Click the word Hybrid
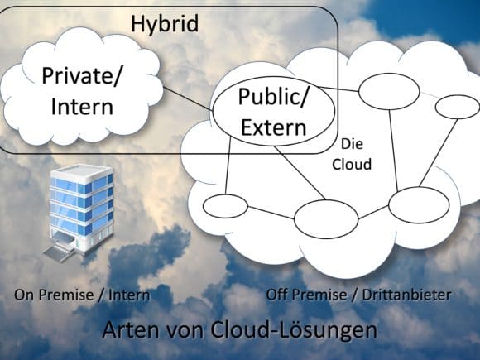[x=165, y=24]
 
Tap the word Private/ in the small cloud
[x=82, y=76]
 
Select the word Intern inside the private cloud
[x=82, y=107]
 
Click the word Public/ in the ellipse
[x=272, y=97]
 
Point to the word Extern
[x=274, y=127]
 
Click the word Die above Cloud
[x=352, y=144]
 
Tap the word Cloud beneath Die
[x=352, y=164]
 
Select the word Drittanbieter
[x=407, y=295]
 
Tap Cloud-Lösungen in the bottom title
[x=294, y=330]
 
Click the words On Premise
[x=54, y=295]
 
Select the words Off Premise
[x=306, y=295]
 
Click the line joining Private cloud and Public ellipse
[x=187, y=98]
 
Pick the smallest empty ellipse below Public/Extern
[x=225, y=206]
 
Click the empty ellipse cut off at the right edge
[x=458, y=107]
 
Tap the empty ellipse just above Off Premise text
[x=326, y=219]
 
